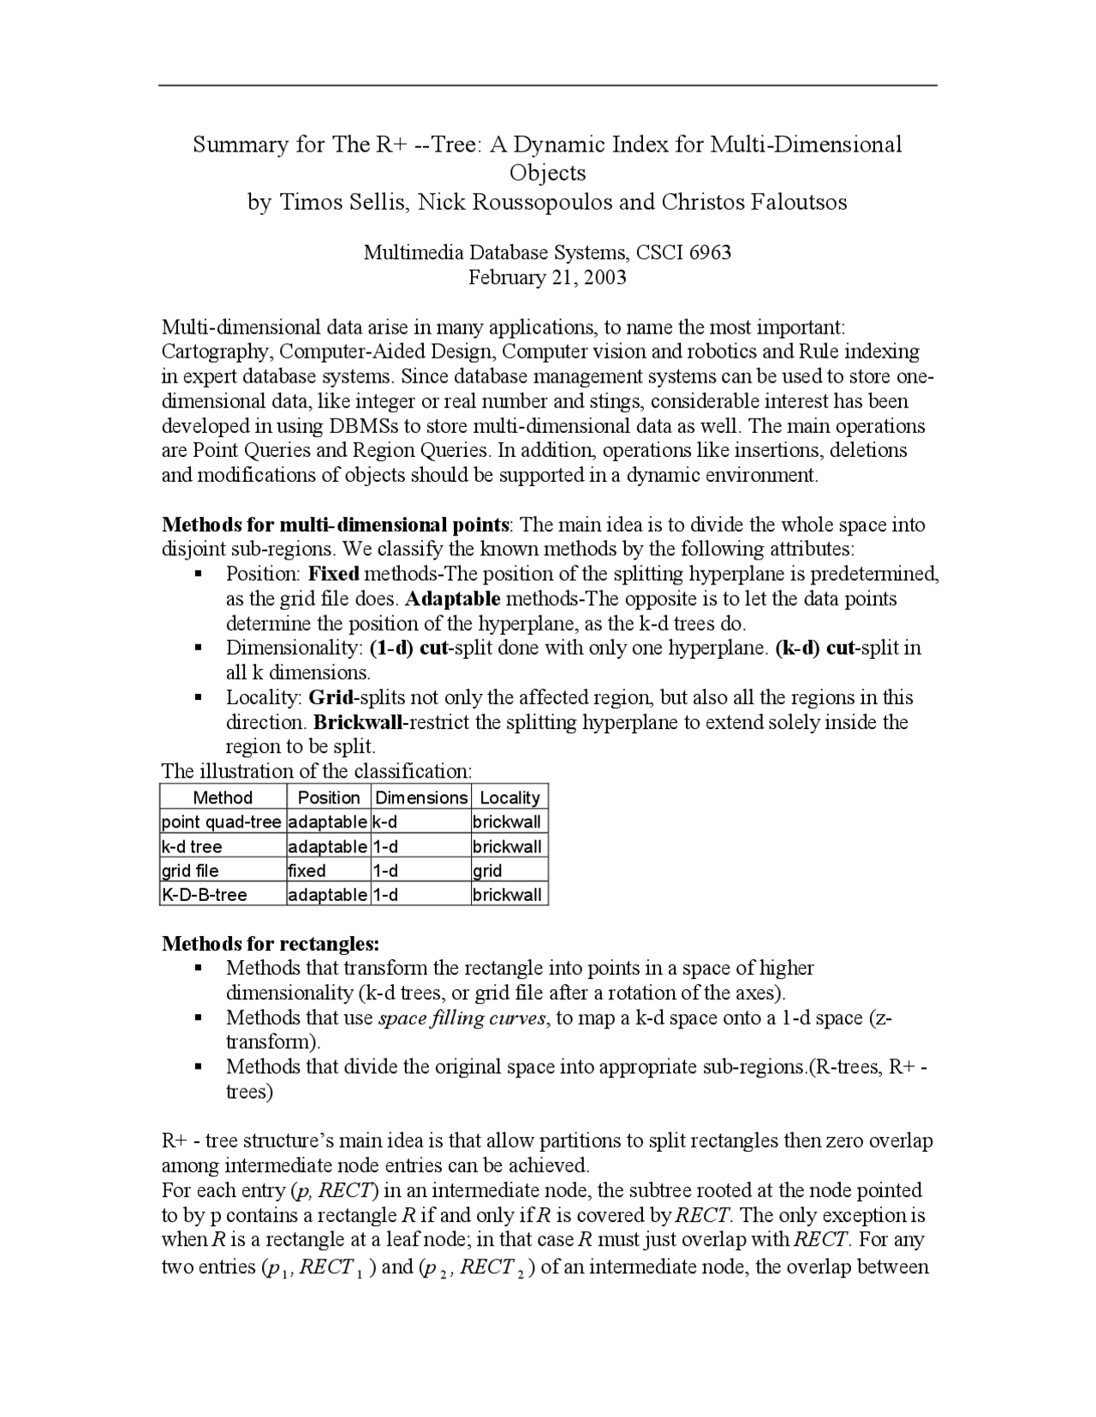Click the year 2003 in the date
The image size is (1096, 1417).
click(605, 277)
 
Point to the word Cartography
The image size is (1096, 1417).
click(217, 352)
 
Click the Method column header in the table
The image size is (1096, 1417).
click(223, 797)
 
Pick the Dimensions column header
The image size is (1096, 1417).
click(421, 797)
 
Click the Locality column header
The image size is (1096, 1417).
click(509, 797)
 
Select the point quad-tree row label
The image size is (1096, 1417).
click(221, 822)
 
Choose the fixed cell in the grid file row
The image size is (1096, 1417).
click(307, 871)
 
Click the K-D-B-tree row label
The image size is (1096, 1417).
click(205, 895)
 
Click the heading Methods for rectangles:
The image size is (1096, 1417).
click(271, 944)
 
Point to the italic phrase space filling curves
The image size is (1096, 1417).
click(462, 1018)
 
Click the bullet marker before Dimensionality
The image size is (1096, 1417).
click(198, 649)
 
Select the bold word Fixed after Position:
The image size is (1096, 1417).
click(334, 573)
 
